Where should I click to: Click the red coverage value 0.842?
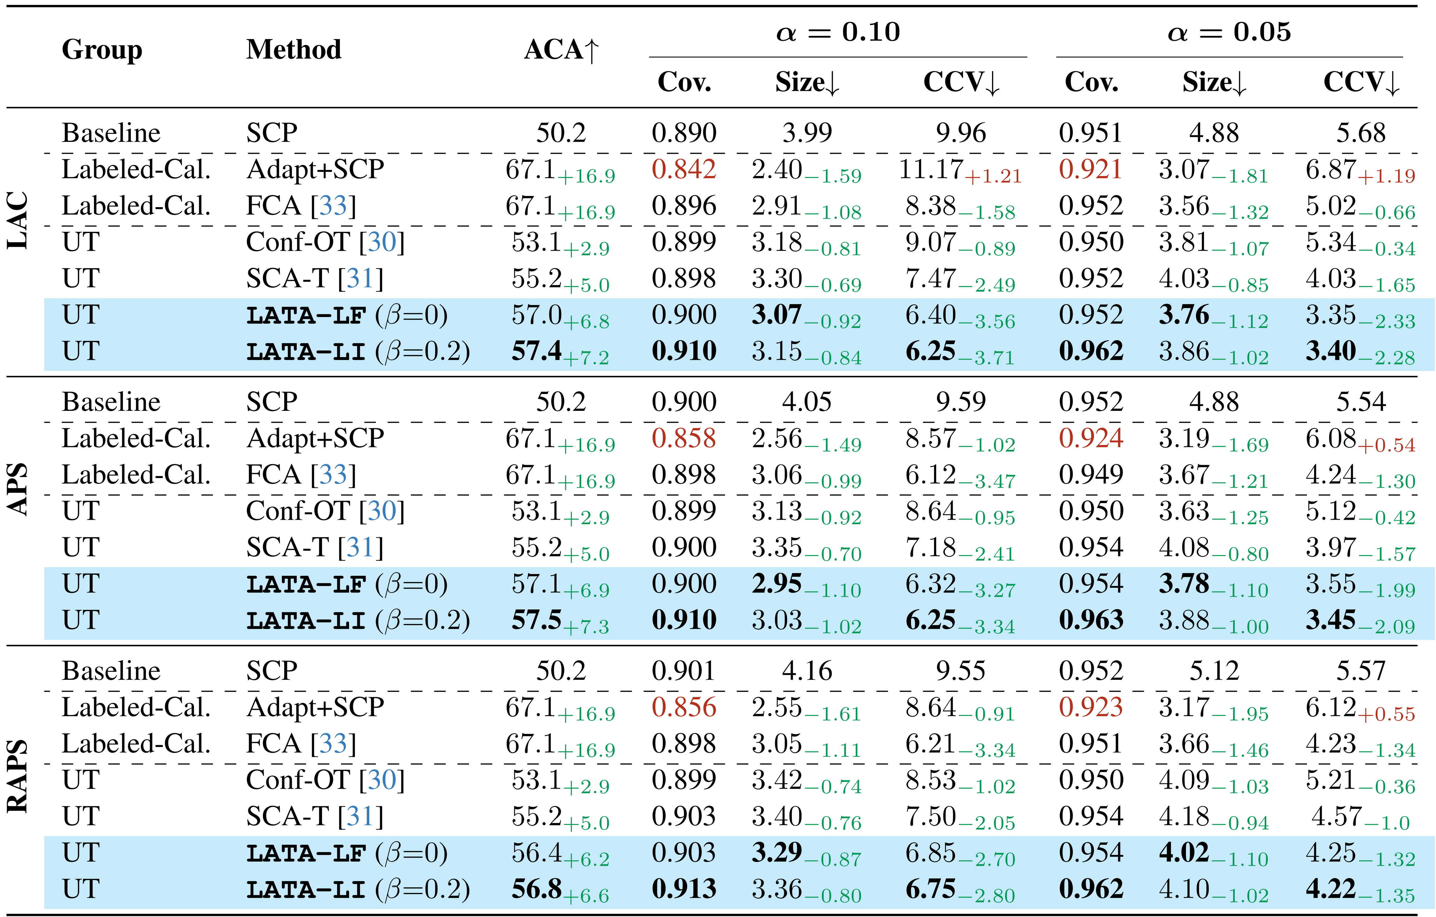pyautogui.click(x=683, y=169)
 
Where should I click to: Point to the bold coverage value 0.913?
pyautogui.click(x=683, y=889)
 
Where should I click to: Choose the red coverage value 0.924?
pyautogui.click(x=1091, y=438)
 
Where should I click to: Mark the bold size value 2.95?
pyautogui.click(x=776, y=584)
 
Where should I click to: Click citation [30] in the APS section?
pyautogui.click(x=382, y=511)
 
